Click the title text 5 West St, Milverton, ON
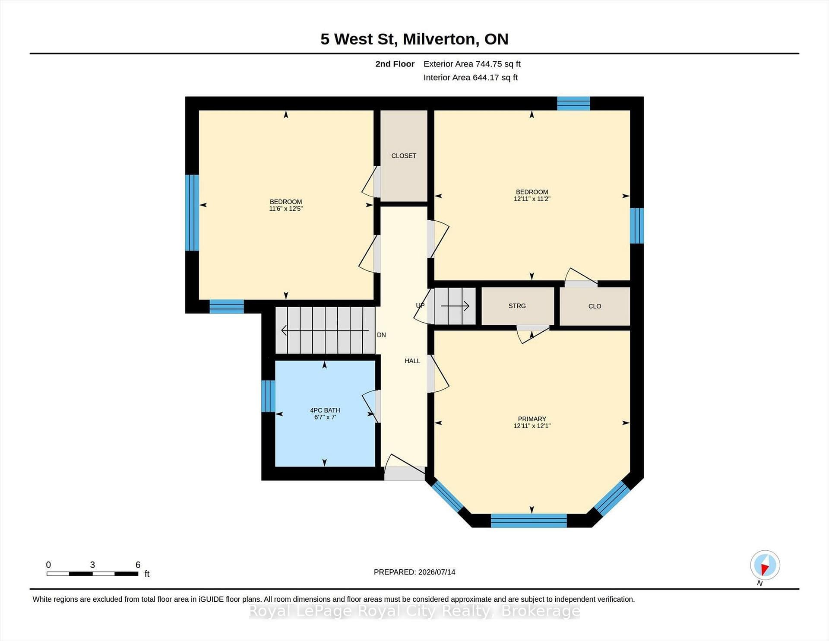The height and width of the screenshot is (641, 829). tap(414, 39)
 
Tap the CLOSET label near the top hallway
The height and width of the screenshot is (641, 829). tap(404, 155)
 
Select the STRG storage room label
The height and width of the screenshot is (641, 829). tap(517, 306)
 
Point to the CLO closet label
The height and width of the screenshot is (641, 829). tap(595, 306)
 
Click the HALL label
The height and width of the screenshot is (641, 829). tap(412, 361)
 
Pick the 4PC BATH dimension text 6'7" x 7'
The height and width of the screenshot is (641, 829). tap(325, 417)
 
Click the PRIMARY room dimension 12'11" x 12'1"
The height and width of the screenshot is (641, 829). tap(532, 426)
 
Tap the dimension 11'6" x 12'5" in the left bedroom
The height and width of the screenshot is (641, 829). tap(286, 209)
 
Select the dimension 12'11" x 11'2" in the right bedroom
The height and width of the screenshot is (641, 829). tap(532, 199)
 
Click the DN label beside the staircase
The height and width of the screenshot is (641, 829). tap(381, 335)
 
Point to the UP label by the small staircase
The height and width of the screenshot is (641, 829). tap(420, 305)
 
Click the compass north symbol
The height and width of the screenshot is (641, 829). tap(765, 565)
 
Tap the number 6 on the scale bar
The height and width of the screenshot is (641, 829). tap(138, 565)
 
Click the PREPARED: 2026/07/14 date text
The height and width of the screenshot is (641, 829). tap(414, 572)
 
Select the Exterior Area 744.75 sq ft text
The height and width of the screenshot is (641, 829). tap(472, 64)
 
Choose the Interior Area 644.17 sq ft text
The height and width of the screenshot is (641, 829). tap(471, 78)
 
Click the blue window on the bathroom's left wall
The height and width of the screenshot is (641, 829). tap(268, 396)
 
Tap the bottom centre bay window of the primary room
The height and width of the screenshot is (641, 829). tap(528, 520)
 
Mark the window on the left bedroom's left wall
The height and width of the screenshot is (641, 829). tap(192, 213)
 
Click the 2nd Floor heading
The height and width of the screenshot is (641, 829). tap(395, 64)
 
